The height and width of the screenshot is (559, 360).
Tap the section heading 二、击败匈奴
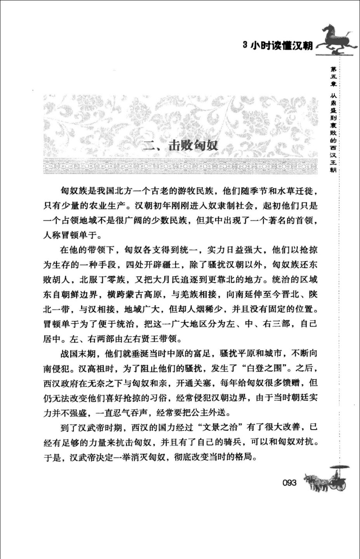(181, 146)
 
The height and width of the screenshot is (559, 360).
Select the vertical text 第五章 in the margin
(334, 77)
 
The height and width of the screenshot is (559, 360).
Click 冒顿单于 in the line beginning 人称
(77, 235)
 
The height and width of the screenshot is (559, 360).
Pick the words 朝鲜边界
(80, 294)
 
